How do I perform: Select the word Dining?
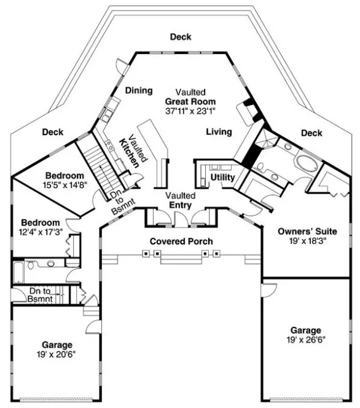[x=139, y=91]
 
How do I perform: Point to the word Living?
[x=218, y=131]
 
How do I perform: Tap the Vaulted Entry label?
[x=180, y=200]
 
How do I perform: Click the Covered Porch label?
[x=181, y=241]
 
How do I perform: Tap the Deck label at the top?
[x=180, y=37]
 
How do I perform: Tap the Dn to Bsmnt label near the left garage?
[x=41, y=295]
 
